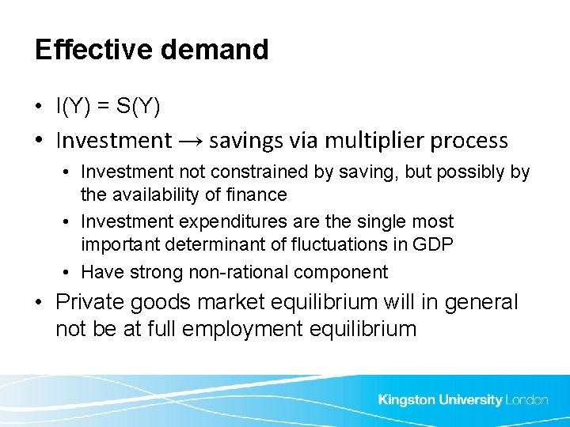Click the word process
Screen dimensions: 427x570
[467, 142]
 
